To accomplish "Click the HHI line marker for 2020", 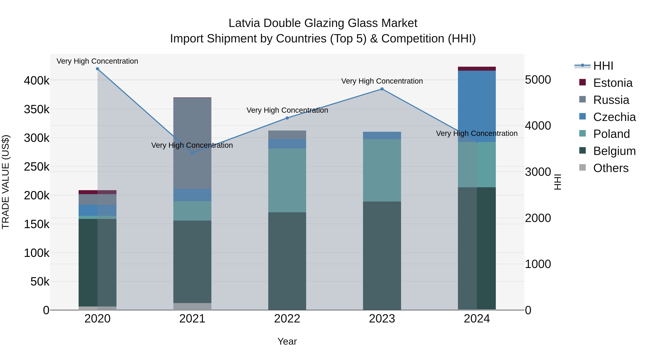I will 98,69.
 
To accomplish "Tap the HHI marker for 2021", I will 192,153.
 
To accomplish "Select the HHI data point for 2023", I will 382,89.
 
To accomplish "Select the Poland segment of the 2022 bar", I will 287,180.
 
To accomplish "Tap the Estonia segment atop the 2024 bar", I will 477,69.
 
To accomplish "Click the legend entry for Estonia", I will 613,83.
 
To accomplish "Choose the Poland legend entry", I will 611,134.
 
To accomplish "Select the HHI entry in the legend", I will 603,66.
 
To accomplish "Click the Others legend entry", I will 611,168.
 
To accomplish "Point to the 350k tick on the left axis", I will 37,109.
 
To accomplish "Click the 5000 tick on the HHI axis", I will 538,80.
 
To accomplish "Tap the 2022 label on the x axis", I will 287,319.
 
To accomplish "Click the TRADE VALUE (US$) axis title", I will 6,182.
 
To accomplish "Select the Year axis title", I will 287,341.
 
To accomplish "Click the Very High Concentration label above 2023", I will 382,81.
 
